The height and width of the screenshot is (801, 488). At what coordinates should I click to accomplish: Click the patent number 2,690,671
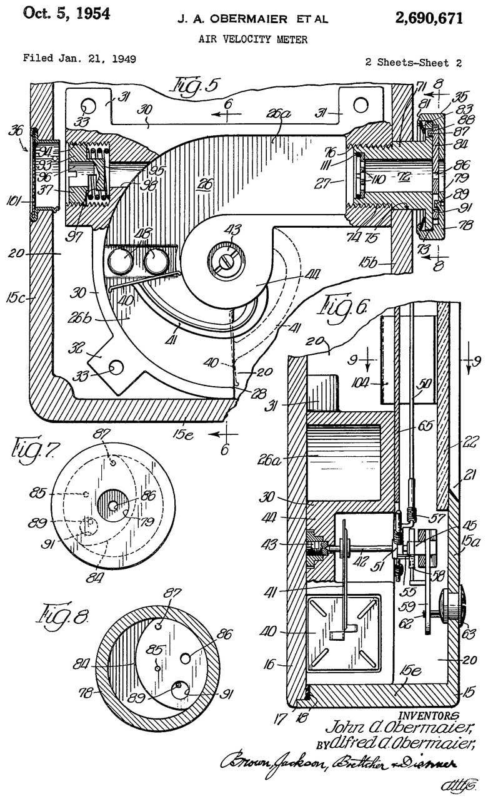(x=429, y=18)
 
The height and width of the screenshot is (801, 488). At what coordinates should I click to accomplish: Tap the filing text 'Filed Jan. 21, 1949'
(x=79, y=59)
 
